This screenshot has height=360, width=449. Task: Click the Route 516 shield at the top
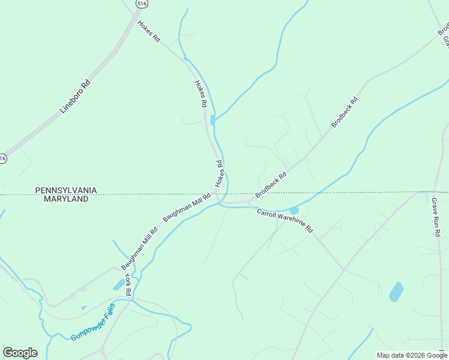point(142,4)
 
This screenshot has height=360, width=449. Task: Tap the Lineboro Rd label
point(74,96)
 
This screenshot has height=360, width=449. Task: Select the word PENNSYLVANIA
point(66,190)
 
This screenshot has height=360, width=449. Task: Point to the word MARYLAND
point(66,199)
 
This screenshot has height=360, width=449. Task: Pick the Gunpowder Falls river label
point(92,322)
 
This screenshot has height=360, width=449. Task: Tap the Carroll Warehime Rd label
point(285,220)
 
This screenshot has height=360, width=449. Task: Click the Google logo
point(20,353)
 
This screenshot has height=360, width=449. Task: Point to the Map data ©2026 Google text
point(411,355)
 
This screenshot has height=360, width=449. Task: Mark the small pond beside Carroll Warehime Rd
point(294,211)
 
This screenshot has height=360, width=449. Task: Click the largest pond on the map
point(396,292)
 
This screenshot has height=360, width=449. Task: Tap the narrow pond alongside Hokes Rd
point(212,121)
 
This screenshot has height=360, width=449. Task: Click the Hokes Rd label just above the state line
point(220,173)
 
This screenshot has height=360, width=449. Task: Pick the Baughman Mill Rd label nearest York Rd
point(139,248)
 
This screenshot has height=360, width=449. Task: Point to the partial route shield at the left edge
point(2,158)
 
